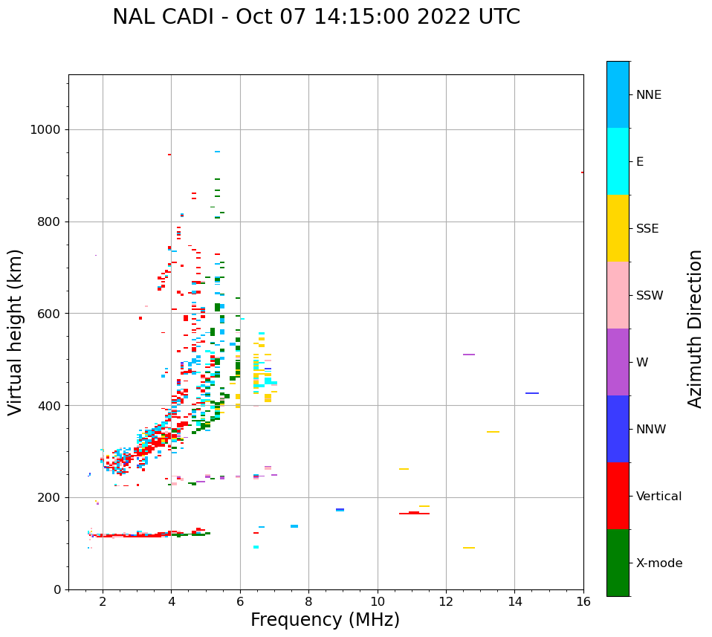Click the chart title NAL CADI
[x=316, y=17]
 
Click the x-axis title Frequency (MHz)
[x=325, y=620]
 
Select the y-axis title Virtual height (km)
[x=16, y=332]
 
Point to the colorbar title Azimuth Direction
[x=695, y=329]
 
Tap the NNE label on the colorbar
[x=648, y=95]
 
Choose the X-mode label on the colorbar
[x=659, y=563]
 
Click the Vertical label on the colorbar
[x=658, y=497]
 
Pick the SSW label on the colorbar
[x=650, y=296]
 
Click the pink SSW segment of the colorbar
[x=618, y=295]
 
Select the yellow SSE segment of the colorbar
[x=618, y=228]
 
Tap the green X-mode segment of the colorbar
[x=618, y=563]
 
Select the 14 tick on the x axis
[x=515, y=601]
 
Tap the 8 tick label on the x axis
[x=309, y=601]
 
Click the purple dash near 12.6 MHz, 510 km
[x=469, y=355]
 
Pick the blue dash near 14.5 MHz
[x=532, y=393]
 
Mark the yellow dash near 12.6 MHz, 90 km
[x=469, y=548]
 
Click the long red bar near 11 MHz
[x=414, y=514]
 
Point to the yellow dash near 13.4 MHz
[x=493, y=432]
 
